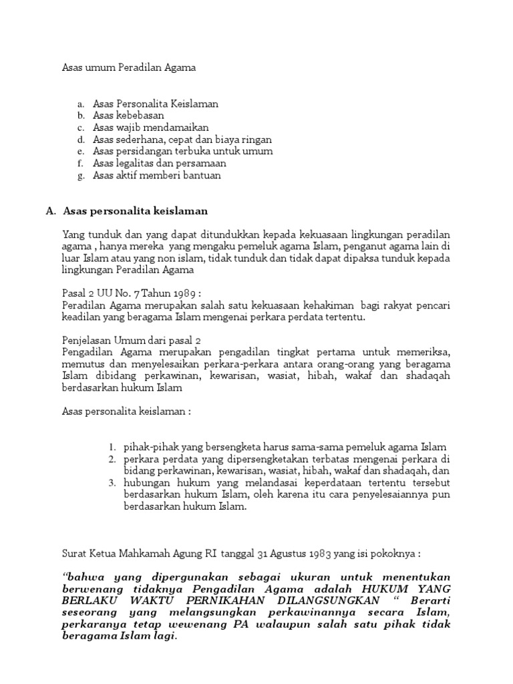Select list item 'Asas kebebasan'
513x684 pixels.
(x=128, y=116)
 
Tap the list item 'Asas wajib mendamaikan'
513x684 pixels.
(x=151, y=128)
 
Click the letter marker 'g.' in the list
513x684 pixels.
(x=81, y=176)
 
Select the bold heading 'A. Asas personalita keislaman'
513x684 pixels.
(x=127, y=211)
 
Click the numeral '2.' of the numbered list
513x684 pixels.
(x=113, y=460)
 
